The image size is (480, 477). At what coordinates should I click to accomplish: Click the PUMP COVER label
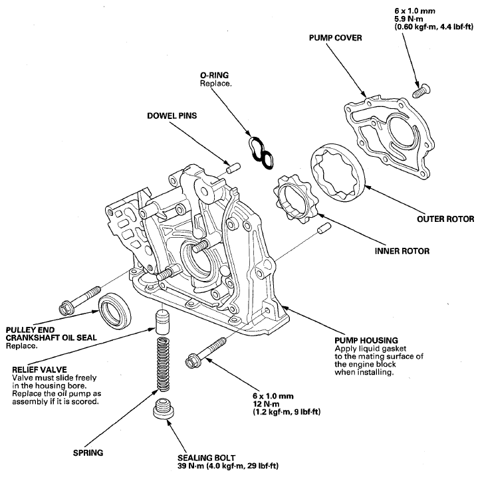pyautogui.click(x=335, y=38)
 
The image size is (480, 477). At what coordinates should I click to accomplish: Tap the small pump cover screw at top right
pyautogui.click(x=421, y=91)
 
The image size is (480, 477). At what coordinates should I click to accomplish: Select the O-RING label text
pyautogui.click(x=214, y=75)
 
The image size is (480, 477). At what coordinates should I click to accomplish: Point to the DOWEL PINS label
pyautogui.click(x=172, y=116)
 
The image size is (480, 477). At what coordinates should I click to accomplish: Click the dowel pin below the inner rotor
pyautogui.click(x=324, y=229)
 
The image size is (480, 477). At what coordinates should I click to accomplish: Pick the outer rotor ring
pyautogui.click(x=338, y=172)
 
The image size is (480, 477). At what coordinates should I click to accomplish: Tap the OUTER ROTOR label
pyautogui.click(x=445, y=219)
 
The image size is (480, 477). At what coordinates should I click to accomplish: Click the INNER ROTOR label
pyautogui.click(x=402, y=251)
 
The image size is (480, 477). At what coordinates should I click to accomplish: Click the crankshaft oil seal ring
pyautogui.click(x=115, y=310)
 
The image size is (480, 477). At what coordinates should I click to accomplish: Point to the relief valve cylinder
pyautogui.click(x=163, y=322)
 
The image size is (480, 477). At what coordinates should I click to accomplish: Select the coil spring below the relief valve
pyautogui.click(x=163, y=364)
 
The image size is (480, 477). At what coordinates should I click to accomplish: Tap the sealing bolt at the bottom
pyautogui.click(x=164, y=408)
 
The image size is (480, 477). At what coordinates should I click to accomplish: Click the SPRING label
pyautogui.click(x=88, y=453)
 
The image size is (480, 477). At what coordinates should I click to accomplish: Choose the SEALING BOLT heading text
pyautogui.click(x=206, y=458)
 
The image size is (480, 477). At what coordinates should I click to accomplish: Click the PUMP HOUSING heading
pyautogui.click(x=366, y=341)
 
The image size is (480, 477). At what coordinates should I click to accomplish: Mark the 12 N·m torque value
pyautogui.click(x=266, y=404)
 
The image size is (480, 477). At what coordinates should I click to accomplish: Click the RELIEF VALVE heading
pyautogui.click(x=39, y=369)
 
